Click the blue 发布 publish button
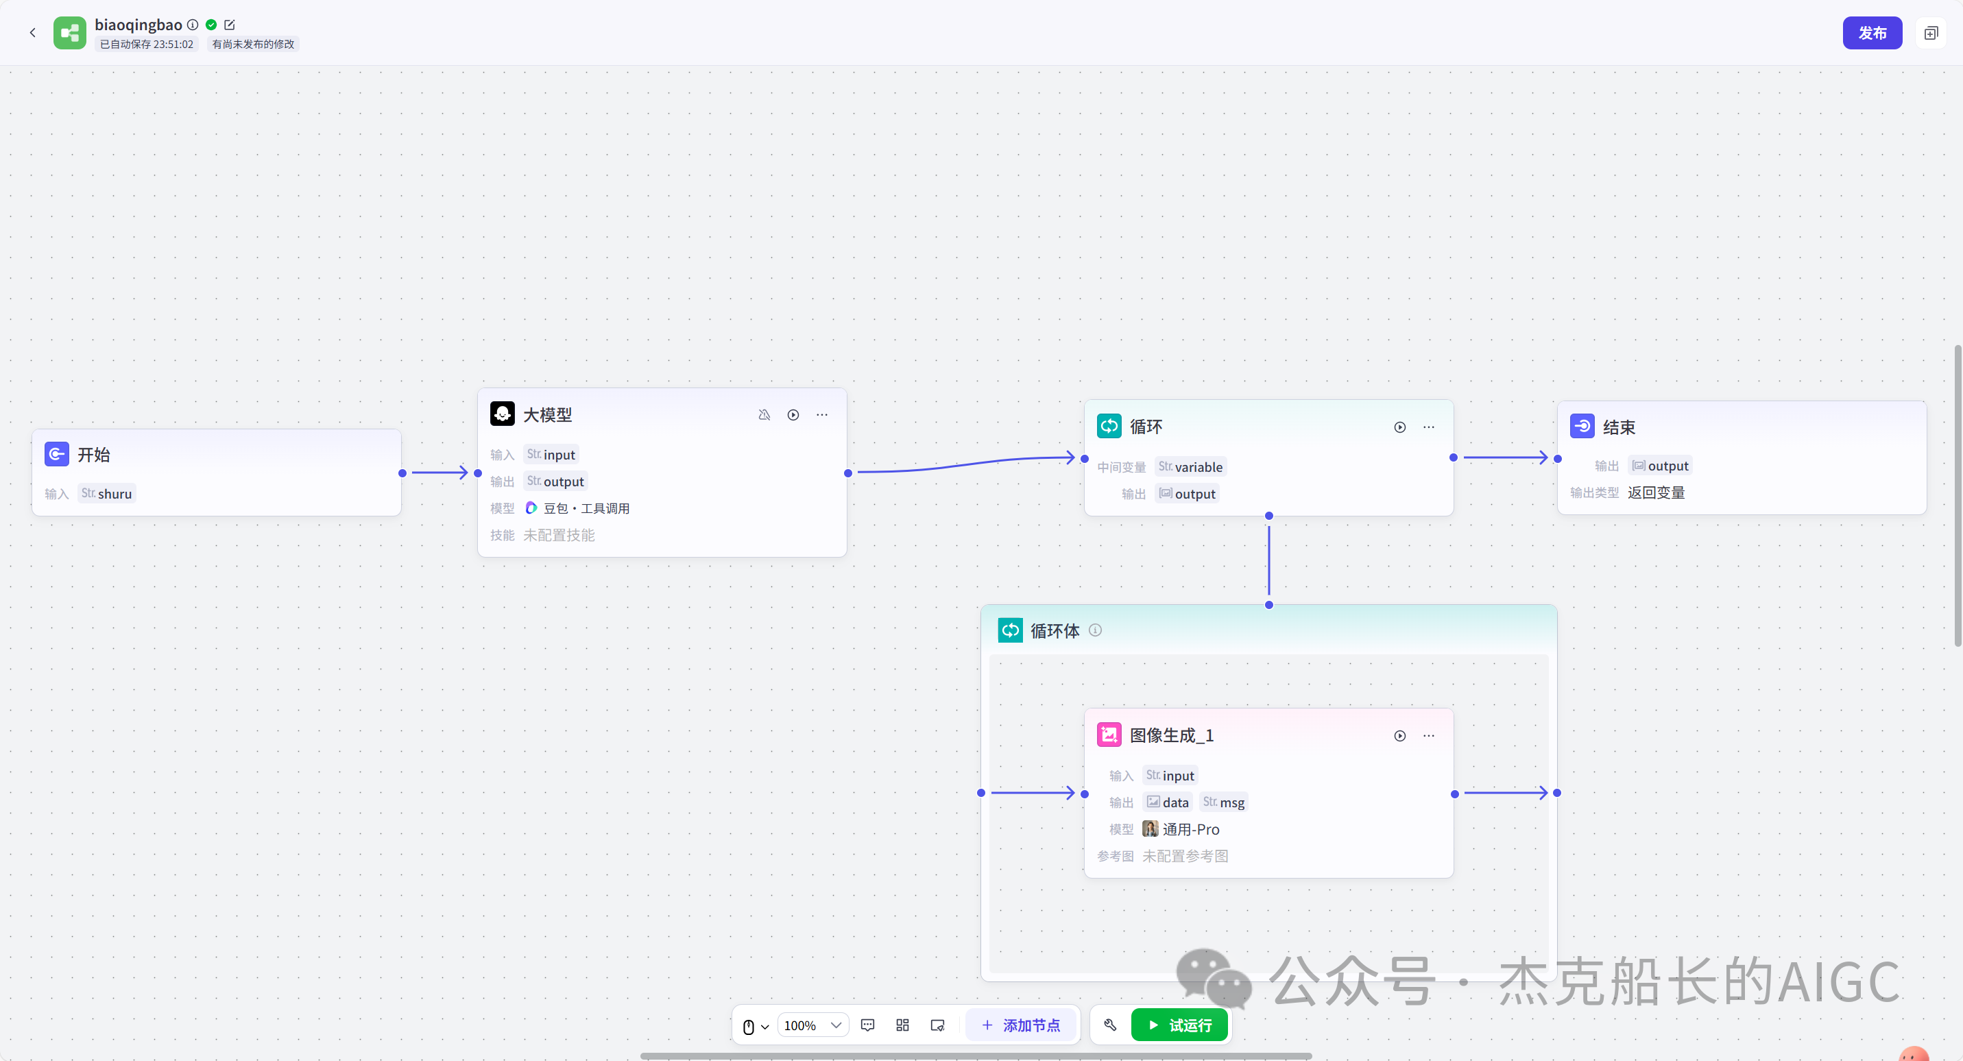tap(1872, 33)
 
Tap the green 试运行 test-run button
tap(1179, 1025)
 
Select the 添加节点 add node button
tap(1021, 1025)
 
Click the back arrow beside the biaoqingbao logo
tap(33, 33)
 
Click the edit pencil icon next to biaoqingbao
tap(230, 25)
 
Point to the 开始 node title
tap(94, 455)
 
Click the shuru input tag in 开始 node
tap(108, 494)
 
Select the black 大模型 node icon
tap(502, 414)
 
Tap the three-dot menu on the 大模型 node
tap(821, 415)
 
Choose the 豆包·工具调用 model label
tap(586, 508)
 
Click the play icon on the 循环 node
tap(1400, 427)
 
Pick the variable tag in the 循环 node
tap(1191, 467)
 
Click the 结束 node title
tap(1619, 427)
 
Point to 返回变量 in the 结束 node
tap(1656, 493)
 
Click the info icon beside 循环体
tap(1095, 630)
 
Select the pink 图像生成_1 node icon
tap(1109, 735)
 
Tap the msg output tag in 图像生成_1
tap(1224, 802)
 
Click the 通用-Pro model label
tap(1190, 829)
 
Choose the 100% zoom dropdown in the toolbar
tap(812, 1025)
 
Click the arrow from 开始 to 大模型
tap(439, 473)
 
